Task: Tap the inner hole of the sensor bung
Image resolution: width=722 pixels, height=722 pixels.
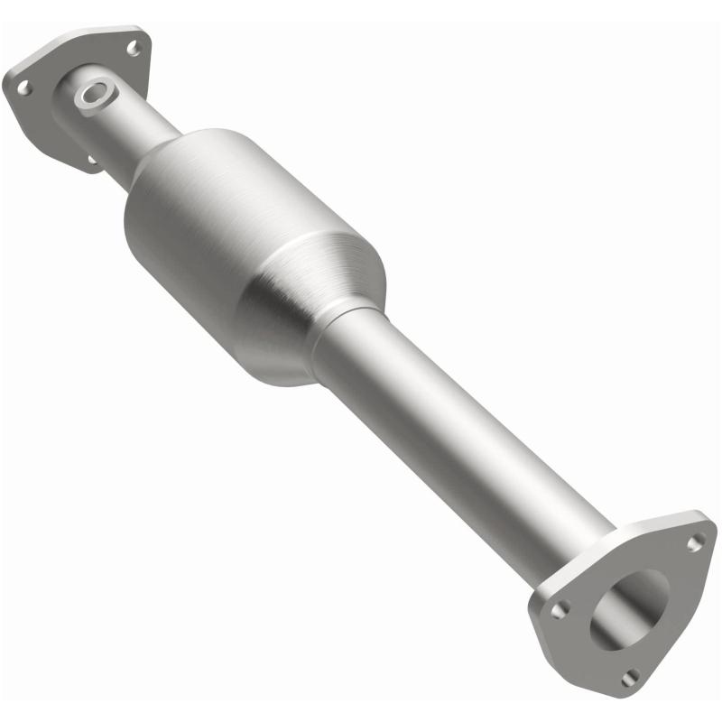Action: pos(93,93)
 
